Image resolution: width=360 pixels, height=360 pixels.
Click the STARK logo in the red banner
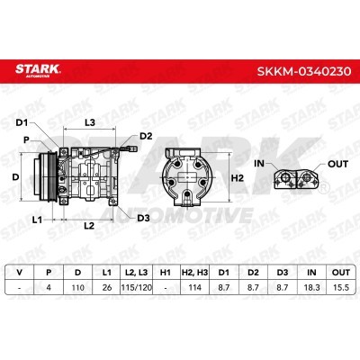(38, 70)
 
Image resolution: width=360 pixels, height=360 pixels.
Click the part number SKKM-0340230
(304, 71)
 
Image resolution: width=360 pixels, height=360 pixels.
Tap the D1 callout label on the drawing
(22, 122)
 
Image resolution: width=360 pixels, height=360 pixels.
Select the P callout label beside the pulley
(27, 139)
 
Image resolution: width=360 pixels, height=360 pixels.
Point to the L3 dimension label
(90, 122)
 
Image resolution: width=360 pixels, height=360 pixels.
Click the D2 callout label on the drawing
(146, 136)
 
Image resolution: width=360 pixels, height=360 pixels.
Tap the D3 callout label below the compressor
(143, 218)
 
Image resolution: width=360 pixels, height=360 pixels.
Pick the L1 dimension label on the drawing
(37, 220)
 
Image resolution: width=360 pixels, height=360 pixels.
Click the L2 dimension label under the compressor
(89, 226)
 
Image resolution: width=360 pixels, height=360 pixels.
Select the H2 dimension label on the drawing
(238, 178)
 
